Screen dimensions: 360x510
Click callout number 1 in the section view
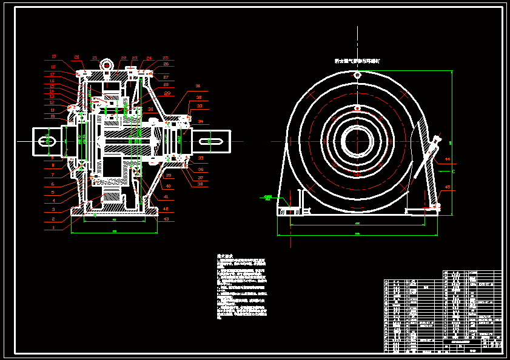(x=53, y=227)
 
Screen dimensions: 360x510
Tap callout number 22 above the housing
(x=124, y=58)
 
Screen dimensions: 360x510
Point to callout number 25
(x=165, y=58)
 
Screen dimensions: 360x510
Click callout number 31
(x=198, y=85)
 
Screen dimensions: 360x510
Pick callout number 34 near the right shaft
(x=201, y=121)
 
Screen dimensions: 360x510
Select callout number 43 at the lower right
(x=166, y=218)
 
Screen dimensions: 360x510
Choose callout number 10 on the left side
(x=53, y=116)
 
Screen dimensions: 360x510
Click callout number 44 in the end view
(x=447, y=159)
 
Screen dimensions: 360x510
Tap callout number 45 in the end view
(x=448, y=187)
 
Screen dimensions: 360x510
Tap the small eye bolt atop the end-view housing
(x=357, y=75)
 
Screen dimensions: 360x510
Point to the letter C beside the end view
(x=453, y=172)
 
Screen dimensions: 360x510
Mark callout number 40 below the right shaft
(x=169, y=186)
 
